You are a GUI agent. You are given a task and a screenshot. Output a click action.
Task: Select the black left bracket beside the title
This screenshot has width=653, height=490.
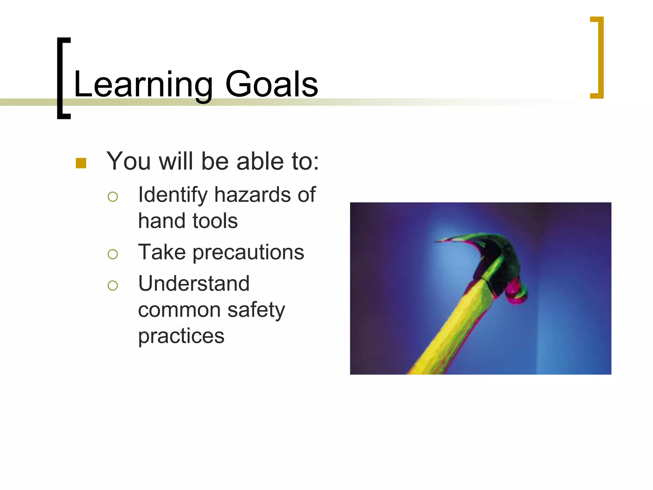pyautogui.click(x=61, y=78)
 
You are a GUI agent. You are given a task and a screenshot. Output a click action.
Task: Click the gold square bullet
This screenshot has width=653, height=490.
pyautogui.click(x=81, y=163)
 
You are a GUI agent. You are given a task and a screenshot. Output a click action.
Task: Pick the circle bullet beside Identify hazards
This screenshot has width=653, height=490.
pyautogui.click(x=113, y=197)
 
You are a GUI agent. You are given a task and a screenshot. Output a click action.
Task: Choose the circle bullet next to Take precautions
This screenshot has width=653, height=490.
pyautogui.click(x=113, y=254)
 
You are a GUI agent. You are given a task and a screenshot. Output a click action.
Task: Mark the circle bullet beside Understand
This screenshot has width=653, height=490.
pyautogui.click(x=113, y=285)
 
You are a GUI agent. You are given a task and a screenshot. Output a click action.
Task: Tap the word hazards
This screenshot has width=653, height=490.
pyautogui.click(x=252, y=195)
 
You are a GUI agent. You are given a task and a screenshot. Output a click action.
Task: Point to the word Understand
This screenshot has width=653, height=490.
pyautogui.click(x=194, y=284)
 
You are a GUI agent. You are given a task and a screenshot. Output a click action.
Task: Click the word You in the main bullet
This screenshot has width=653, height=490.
pyautogui.click(x=128, y=161)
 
